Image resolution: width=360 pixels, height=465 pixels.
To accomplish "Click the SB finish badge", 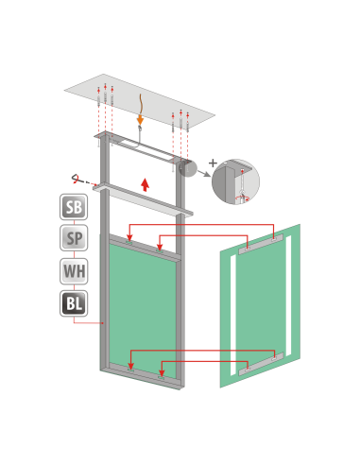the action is pyautogui.click(x=74, y=207).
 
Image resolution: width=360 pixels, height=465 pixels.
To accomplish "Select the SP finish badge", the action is pyautogui.click(x=74, y=238).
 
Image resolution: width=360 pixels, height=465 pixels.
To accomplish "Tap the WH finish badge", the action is pyautogui.click(x=74, y=271).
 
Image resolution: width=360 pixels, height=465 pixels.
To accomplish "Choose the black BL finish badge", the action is pyautogui.click(x=74, y=303).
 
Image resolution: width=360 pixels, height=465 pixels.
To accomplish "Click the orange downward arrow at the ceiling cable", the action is pyautogui.click(x=140, y=120).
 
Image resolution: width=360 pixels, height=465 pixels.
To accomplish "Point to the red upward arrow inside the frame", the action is pyautogui.click(x=145, y=184).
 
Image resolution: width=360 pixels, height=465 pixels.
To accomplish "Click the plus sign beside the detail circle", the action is pyautogui.click(x=213, y=163).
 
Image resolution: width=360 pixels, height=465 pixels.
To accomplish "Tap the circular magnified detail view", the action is pyautogui.click(x=235, y=181).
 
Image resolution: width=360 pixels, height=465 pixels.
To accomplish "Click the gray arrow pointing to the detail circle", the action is pyautogui.click(x=204, y=173).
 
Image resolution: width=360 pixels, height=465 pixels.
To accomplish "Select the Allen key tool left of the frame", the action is pyautogui.click(x=78, y=180).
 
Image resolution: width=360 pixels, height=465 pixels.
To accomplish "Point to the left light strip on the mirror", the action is pyautogui.click(x=233, y=316).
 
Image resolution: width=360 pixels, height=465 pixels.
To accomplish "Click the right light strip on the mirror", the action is pyautogui.click(x=288, y=296).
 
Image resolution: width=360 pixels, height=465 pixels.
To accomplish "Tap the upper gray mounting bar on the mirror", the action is pyautogui.click(x=261, y=244).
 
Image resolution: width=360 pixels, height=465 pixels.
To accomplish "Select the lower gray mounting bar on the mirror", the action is pyautogui.click(x=261, y=364).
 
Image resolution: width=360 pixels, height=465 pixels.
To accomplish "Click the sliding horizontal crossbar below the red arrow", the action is pyautogui.click(x=143, y=199).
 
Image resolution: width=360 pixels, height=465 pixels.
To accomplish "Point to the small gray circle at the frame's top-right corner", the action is pyautogui.click(x=188, y=168).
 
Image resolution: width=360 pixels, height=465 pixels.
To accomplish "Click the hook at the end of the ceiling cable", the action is pyautogui.click(x=140, y=128).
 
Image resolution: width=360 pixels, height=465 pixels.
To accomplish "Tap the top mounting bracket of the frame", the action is pyautogui.click(x=143, y=146).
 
